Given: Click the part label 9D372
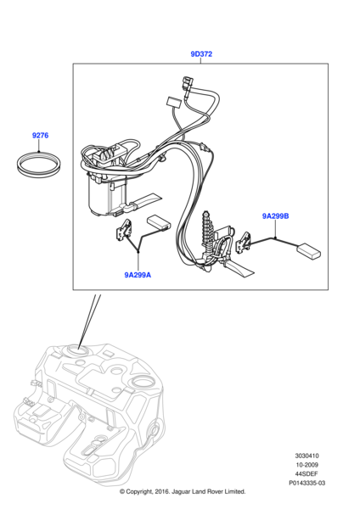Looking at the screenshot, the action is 201,54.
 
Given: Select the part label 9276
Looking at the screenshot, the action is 40,136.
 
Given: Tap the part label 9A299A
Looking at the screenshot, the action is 138,275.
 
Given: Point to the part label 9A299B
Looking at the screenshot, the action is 276,215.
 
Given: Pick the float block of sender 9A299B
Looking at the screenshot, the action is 308,251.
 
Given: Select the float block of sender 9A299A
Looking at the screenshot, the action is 160,223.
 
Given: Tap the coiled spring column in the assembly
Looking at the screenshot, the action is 207,229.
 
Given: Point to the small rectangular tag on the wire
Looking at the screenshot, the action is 173,102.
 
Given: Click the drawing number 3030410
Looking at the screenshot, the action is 307,456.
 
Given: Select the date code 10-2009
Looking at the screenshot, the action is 307,465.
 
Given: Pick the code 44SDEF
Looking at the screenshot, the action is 307,474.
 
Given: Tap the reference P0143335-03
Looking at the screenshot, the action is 307,483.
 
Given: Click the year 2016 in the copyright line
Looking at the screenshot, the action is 162,491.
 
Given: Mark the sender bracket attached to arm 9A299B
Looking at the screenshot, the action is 243,243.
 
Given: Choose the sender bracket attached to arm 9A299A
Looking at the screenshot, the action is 124,230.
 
